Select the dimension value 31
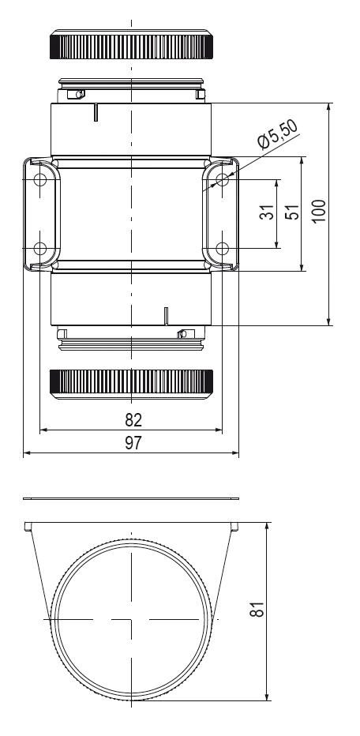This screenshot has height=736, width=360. coord(268,213)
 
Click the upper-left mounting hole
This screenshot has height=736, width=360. coord(40,180)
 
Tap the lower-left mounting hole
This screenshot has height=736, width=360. coord(40,249)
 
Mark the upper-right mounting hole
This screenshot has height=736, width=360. coord(223,180)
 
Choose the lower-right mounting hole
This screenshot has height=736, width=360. coord(223,249)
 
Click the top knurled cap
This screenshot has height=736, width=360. coord(132,47)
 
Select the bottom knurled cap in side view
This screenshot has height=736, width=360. coord(132,382)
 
